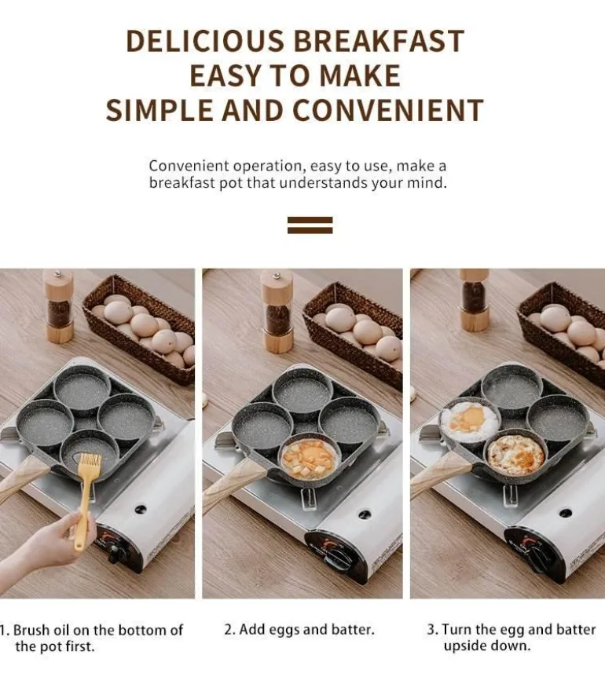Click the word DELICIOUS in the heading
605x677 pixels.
pos(205,41)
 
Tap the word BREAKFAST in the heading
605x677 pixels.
pos(379,41)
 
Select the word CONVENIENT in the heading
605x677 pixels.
pos(388,110)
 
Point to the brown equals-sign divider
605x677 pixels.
pos(310,225)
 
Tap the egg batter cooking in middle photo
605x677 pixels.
pos(309,460)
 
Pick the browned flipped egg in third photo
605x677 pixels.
pos(515,455)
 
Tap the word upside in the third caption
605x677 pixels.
pos(467,646)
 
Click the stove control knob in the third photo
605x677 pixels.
pos(539,556)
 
